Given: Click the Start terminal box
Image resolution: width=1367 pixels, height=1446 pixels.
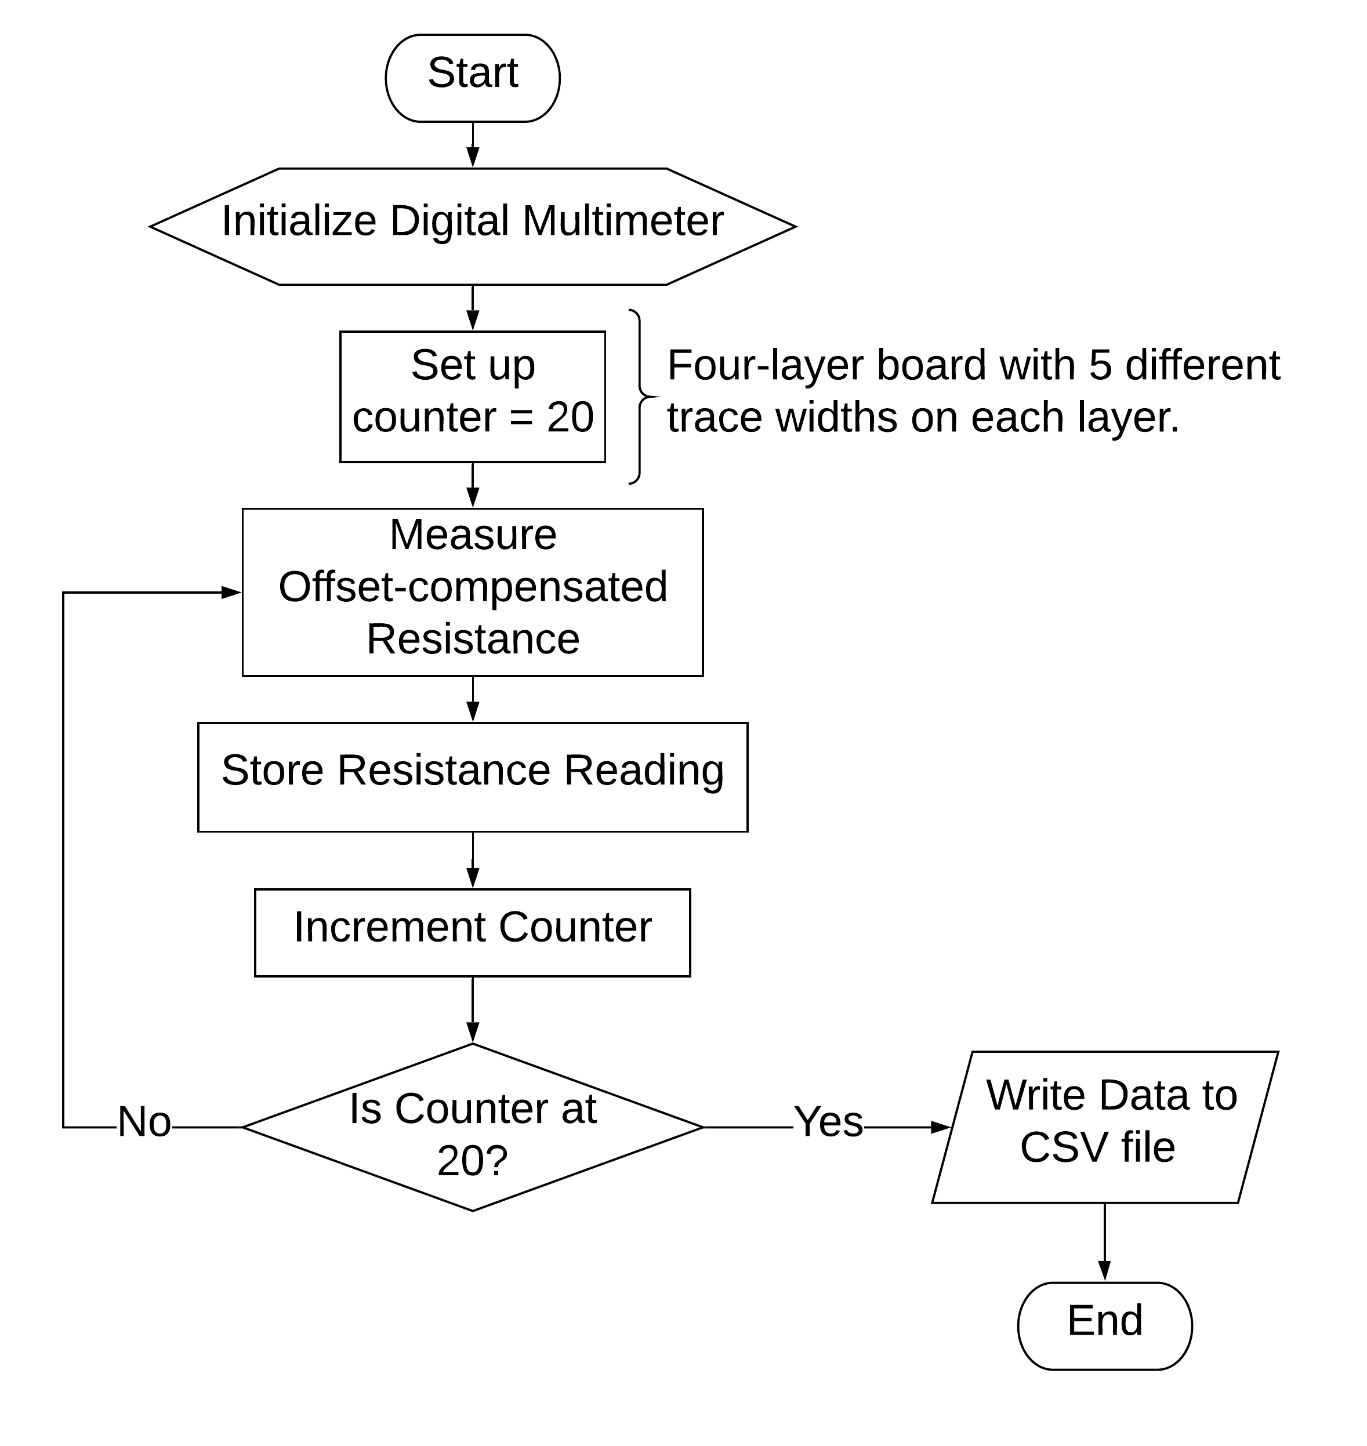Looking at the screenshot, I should [x=472, y=77].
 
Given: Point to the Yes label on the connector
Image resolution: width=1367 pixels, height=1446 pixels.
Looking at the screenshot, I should [x=829, y=1122].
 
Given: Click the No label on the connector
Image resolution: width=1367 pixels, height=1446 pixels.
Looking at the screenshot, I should [x=144, y=1122].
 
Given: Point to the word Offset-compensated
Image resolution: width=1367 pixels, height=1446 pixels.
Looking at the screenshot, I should [x=472, y=587].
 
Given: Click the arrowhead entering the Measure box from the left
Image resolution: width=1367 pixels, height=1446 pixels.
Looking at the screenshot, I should [x=232, y=593].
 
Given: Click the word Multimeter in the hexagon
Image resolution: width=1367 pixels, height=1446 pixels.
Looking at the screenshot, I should [x=623, y=221].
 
